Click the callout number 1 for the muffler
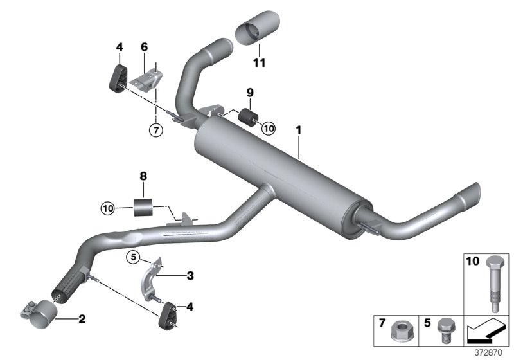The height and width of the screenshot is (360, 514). pyautogui.click(x=298, y=130)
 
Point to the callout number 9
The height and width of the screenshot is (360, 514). pyautogui.click(x=250, y=92)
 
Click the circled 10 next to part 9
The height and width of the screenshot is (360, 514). pyautogui.click(x=268, y=128)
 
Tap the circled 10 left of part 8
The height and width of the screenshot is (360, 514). pyautogui.click(x=108, y=208)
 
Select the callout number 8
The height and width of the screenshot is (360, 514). pyautogui.click(x=143, y=175)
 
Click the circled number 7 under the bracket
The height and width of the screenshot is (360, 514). pyautogui.click(x=155, y=129)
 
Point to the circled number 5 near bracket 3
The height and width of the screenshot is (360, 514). pyautogui.click(x=133, y=259)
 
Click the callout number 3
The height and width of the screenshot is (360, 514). pyautogui.click(x=190, y=276)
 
